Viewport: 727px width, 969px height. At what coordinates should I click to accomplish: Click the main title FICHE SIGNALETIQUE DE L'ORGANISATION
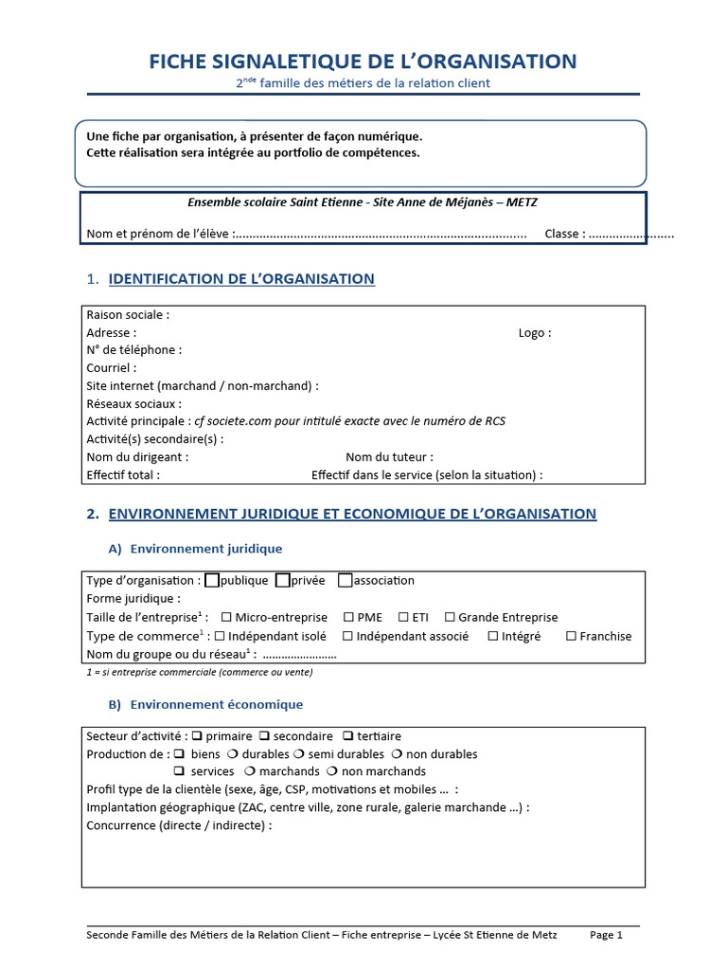coord(363,62)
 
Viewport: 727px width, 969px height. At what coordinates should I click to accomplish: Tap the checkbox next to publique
coord(212,580)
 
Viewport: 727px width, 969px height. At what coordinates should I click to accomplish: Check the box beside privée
coord(283,580)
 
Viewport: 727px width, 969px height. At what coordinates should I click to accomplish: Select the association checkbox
coord(345,580)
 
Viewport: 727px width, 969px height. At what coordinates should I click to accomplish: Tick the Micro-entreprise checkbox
coord(226,617)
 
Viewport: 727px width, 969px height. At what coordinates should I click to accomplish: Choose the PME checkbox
coord(349,617)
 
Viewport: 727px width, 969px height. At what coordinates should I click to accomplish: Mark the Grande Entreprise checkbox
coord(450,617)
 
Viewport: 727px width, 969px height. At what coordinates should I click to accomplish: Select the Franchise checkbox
coord(571,636)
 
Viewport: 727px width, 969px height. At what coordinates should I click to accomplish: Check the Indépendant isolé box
coord(221,636)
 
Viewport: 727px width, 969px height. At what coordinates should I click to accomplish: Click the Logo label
coord(534,332)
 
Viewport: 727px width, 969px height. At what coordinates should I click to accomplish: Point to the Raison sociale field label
coord(128,314)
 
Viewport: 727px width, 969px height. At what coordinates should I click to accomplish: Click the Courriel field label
coord(111,367)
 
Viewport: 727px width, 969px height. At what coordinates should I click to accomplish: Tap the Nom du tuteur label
coord(389,456)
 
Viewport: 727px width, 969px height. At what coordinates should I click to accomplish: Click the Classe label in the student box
coord(565,234)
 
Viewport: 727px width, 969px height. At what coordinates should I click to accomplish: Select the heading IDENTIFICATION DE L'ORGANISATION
coord(241,279)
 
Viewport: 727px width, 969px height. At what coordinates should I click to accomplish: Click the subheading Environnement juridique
coord(205,549)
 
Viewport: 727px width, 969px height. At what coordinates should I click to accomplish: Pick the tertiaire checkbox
coord(348,735)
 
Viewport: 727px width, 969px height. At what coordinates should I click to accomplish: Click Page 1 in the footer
coord(606,935)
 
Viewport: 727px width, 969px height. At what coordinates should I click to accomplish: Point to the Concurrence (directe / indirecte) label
coord(179,825)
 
